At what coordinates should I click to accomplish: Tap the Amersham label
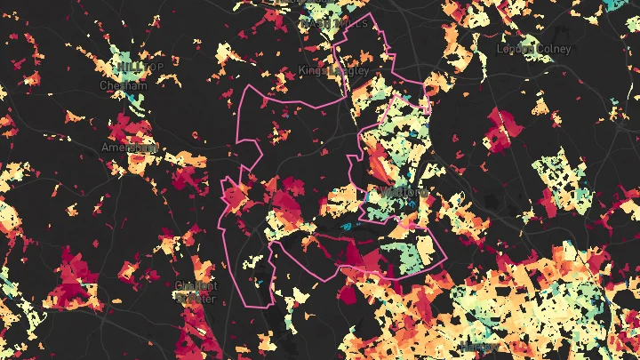click(x=130, y=147)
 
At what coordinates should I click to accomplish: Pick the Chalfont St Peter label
click(x=195, y=292)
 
